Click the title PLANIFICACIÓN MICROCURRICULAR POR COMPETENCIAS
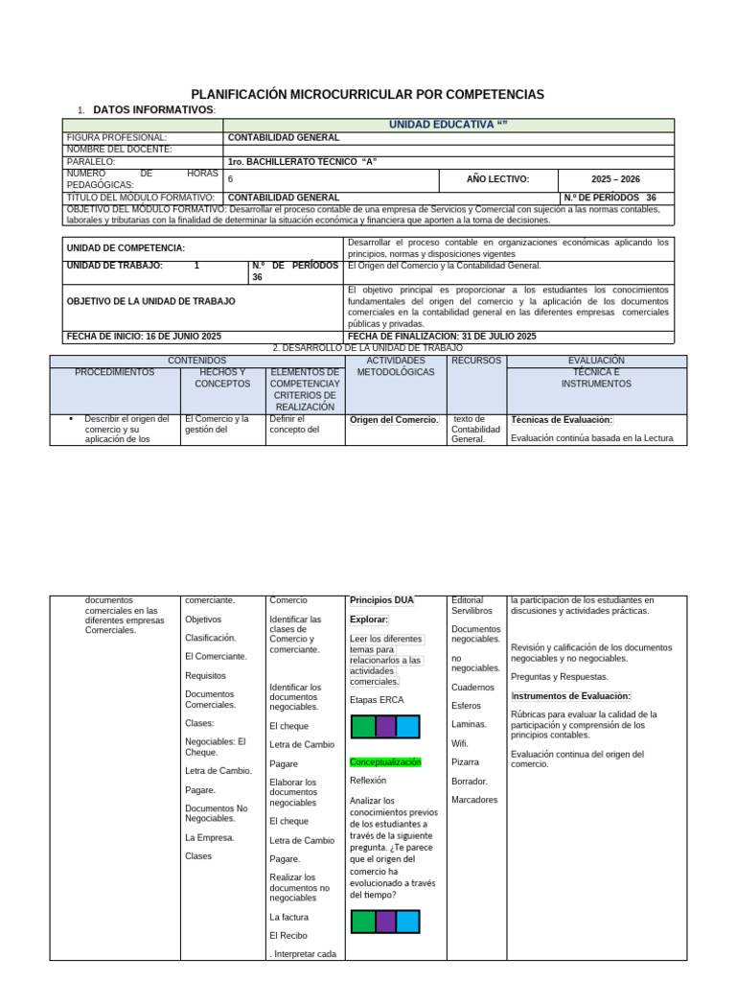point(367,94)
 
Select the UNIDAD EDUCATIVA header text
point(447,125)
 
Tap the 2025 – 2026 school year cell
point(615,178)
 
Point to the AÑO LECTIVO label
point(497,178)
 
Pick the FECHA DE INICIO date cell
point(144,337)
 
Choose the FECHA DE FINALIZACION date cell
point(442,337)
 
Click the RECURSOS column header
point(476,361)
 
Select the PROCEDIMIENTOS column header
point(115,372)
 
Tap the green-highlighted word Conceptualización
point(385,761)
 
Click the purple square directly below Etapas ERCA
point(385,726)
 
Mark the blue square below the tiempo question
point(408,922)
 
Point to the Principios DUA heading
point(381,600)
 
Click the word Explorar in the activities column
point(369,620)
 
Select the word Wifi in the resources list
point(460,743)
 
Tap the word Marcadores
point(474,800)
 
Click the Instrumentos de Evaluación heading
point(570,695)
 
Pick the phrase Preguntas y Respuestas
point(560,676)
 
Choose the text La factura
point(288,916)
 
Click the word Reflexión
point(368,781)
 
